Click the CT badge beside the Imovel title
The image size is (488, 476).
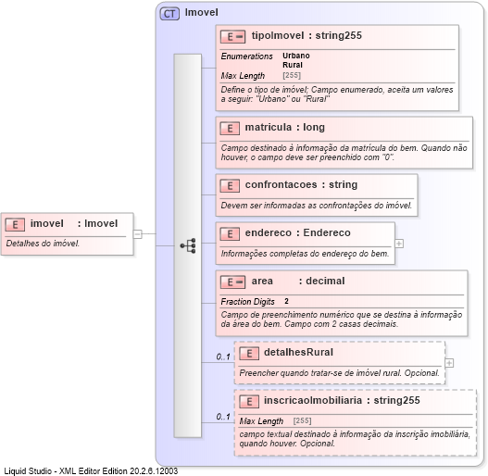(x=170, y=14)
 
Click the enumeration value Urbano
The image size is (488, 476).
(x=296, y=56)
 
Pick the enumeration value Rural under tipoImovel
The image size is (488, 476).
(x=293, y=65)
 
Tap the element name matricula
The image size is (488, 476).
(x=269, y=127)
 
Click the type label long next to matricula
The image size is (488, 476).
(x=313, y=127)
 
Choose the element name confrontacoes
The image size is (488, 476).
(x=282, y=185)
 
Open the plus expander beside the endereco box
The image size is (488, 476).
(x=399, y=244)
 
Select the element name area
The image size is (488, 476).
(x=262, y=281)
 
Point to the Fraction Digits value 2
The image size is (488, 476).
(x=286, y=302)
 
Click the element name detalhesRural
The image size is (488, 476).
(x=298, y=353)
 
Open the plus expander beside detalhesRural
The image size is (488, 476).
(x=449, y=363)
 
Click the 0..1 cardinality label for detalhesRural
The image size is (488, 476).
(x=223, y=357)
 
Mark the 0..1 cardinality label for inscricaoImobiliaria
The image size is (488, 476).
(x=223, y=417)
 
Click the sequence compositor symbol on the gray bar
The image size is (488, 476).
(x=188, y=245)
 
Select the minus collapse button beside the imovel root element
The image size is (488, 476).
(x=137, y=233)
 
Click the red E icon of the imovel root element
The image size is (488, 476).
(x=16, y=223)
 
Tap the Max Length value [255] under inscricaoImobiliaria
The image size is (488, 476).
(x=303, y=421)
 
